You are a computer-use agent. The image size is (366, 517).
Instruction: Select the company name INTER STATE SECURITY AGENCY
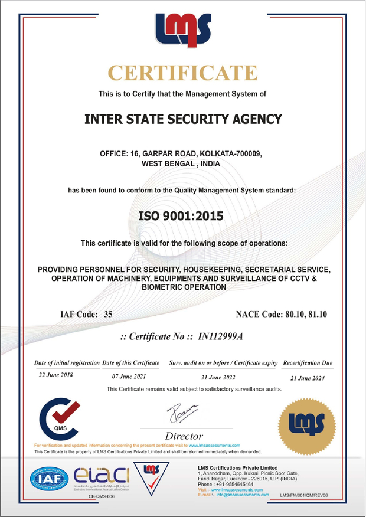(183, 119)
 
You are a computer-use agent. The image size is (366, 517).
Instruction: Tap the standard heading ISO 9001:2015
(183, 217)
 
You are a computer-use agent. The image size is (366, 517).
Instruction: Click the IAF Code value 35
(108, 315)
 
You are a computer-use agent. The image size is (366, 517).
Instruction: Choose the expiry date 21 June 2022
(218, 377)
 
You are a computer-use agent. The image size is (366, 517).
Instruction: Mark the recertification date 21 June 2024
(308, 378)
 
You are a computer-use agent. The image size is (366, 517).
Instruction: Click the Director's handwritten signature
(182, 411)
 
